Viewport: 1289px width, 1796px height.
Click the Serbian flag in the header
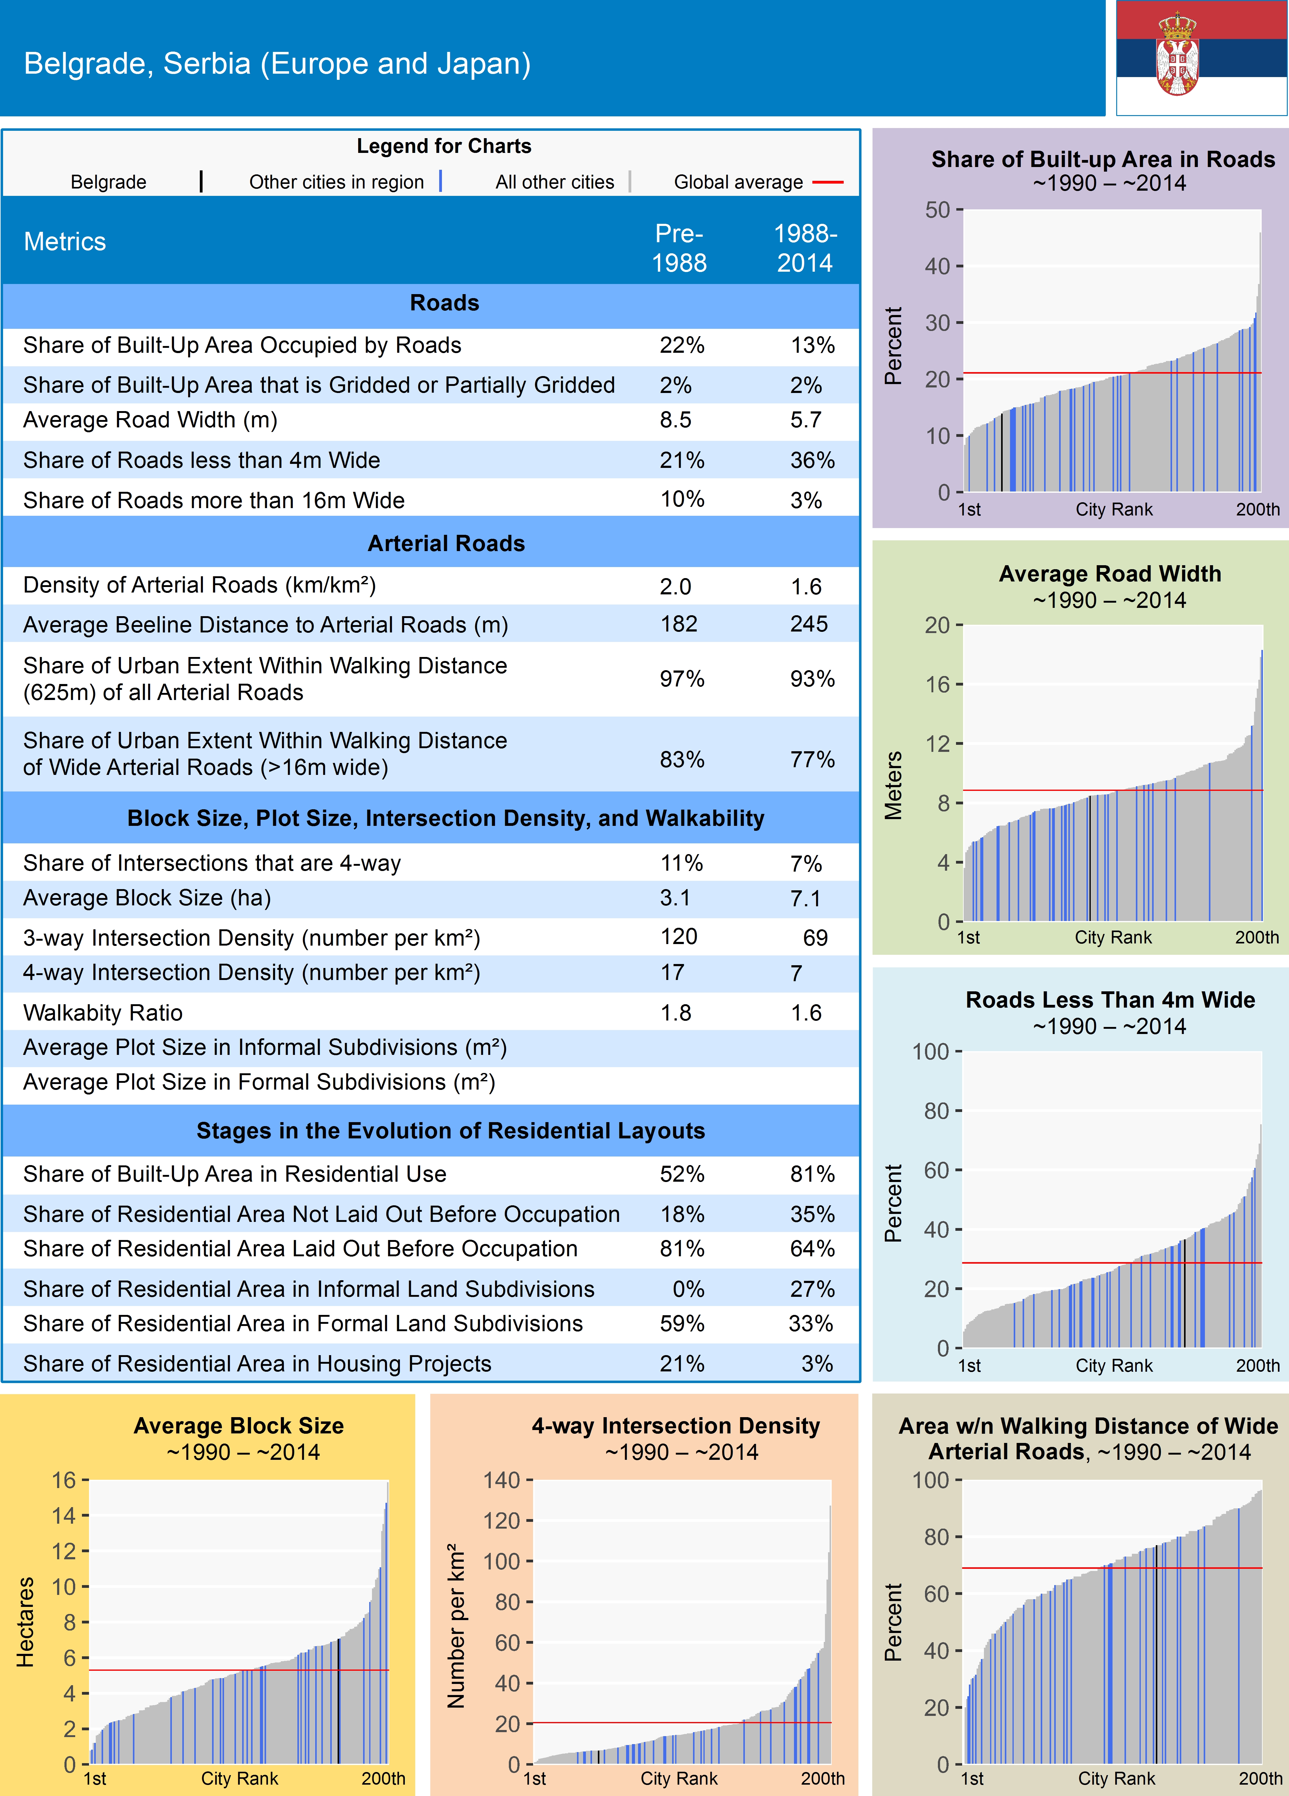point(1201,58)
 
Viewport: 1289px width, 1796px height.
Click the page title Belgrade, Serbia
point(277,63)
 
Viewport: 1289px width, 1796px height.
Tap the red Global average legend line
point(827,182)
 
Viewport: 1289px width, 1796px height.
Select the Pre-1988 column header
point(679,248)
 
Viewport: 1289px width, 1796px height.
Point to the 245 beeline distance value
point(808,624)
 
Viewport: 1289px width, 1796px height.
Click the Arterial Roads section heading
point(446,543)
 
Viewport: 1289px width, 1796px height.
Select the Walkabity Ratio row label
point(103,1013)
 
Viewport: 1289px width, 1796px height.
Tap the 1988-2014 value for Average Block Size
point(805,898)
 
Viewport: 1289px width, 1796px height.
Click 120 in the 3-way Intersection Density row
point(679,937)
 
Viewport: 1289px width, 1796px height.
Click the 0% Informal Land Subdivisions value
point(688,1289)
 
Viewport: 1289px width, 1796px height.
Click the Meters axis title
point(893,786)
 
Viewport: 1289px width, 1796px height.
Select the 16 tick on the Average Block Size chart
point(63,1480)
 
